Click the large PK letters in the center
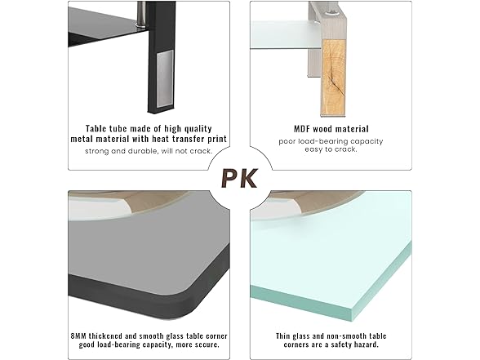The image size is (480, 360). point(239,179)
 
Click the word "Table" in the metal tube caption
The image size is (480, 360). point(95,128)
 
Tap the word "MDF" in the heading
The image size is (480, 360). point(303,129)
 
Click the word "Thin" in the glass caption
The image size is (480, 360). point(282,336)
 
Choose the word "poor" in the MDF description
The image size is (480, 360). point(287,142)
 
